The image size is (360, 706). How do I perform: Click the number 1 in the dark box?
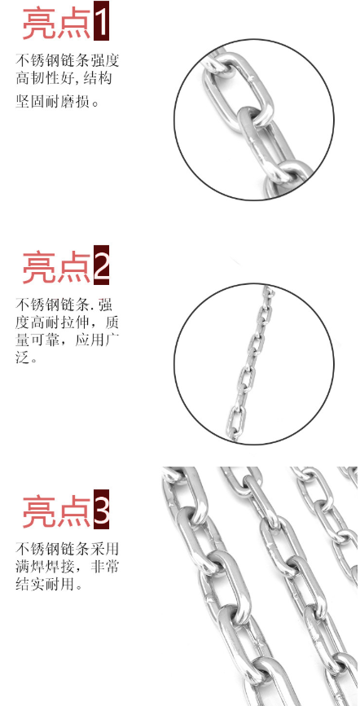pyautogui.click(x=101, y=20)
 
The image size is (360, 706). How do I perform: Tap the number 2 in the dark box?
pyautogui.click(x=101, y=265)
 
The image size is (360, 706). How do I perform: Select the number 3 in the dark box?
pyautogui.click(x=101, y=509)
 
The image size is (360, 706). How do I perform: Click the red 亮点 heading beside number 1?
pyautogui.click(x=57, y=23)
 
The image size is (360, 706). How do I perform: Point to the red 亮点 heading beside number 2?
pyautogui.click(x=57, y=266)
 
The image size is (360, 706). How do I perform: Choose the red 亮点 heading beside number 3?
pyautogui.click(x=57, y=511)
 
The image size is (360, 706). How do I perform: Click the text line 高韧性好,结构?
pyautogui.click(x=64, y=80)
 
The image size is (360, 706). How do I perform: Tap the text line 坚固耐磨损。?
pyautogui.click(x=57, y=101)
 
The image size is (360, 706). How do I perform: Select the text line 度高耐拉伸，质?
pyautogui.click(x=67, y=322)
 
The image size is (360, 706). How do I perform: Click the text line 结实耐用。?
pyautogui.click(x=50, y=585)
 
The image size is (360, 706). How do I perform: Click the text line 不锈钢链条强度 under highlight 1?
pyautogui.click(x=67, y=61)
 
